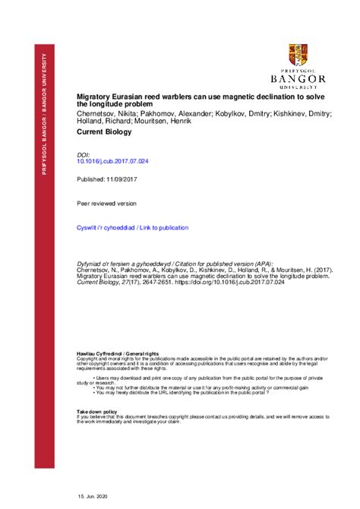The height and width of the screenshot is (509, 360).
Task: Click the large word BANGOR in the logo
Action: (298, 78)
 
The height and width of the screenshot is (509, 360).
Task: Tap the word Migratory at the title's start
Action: (96, 97)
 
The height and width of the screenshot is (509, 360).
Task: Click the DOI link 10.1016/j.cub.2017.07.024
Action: (113, 161)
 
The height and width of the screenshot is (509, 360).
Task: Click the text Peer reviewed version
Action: (107, 204)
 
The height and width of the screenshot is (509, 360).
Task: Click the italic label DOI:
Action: (84, 153)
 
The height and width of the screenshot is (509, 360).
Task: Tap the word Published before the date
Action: (92, 179)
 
